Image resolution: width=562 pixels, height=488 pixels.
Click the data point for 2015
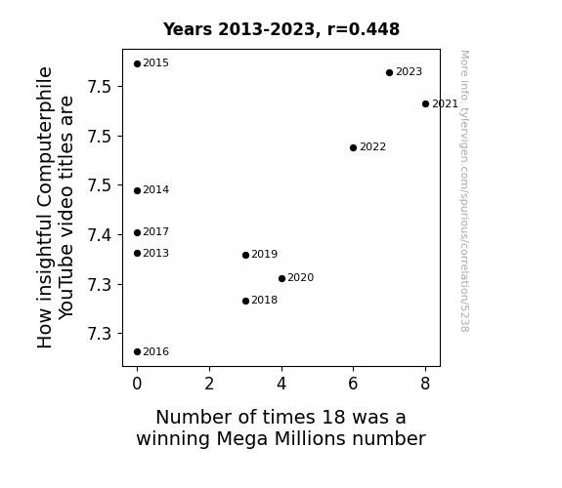[x=137, y=64]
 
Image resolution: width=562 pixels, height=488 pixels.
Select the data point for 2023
[x=390, y=72]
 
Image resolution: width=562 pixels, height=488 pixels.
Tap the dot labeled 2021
[x=425, y=104]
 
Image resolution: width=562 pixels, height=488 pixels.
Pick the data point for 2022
[x=353, y=148]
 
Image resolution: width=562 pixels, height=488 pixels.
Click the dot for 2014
[x=137, y=191]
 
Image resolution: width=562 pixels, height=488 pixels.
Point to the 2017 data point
[x=137, y=232]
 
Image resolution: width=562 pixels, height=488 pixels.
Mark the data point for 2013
[x=137, y=254]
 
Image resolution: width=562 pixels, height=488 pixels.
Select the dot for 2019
[x=245, y=256]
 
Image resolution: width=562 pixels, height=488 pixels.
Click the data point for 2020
[x=281, y=278]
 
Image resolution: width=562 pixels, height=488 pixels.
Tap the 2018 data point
[x=245, y=302]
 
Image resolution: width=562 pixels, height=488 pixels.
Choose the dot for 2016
[x=137, y=352]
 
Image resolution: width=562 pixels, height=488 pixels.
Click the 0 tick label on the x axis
[x=137, y=385]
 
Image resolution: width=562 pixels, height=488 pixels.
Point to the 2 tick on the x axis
[x=209, y=385]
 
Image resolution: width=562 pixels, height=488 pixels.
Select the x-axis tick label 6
[x=353, y=385]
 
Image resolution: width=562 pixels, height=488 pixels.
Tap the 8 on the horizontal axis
[x=425, y=385]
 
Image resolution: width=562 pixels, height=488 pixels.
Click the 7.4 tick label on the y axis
[x=100, y=235]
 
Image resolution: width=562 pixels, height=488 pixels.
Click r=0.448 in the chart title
[x=364, y=29]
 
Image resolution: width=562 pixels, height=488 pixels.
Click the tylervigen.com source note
[x=464, y=191]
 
